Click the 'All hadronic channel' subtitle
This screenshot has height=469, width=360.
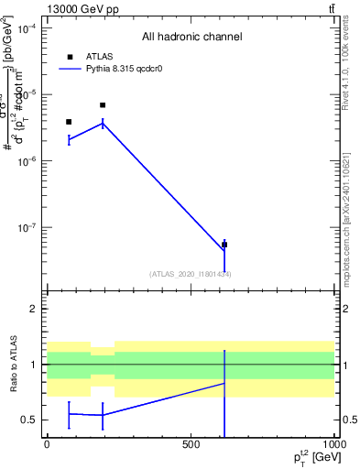coord(191,38)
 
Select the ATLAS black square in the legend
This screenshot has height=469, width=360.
coord(70,57)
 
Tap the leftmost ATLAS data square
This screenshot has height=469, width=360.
coord(69,122)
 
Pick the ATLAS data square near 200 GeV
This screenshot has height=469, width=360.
coord(103,105)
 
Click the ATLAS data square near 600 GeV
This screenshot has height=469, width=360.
coord(224,245)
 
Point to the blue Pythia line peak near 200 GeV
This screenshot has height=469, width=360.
coord(103,123)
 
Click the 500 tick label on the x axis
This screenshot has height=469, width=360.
coord(191,444)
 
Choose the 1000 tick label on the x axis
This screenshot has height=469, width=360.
coord(333,444)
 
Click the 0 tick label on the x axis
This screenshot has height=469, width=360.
coord(47,444)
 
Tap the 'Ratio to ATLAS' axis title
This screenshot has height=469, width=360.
coord(15,364)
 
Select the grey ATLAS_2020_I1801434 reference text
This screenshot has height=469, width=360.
coord(191,274)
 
